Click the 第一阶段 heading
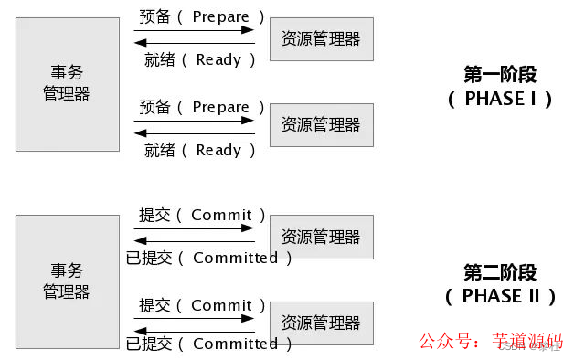[500, 73]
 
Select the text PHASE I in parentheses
[500, 99]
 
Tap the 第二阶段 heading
[500, 272]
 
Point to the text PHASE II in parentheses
[500, 296]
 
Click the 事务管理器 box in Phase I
[67, 82]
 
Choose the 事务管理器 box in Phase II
[67, 281]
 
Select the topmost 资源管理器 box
[321, 39]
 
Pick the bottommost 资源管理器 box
[321, 323]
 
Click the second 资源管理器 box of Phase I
[321, 125]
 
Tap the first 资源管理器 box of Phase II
[321, 238]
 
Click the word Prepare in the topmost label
[221, 16]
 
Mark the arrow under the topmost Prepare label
[194, 30]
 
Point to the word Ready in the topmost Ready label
[218, 60]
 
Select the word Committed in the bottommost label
[235, 344]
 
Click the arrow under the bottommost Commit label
[194, 318]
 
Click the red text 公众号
[443, 342]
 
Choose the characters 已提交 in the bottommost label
[149, 344]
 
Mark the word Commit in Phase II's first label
[221, 215]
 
